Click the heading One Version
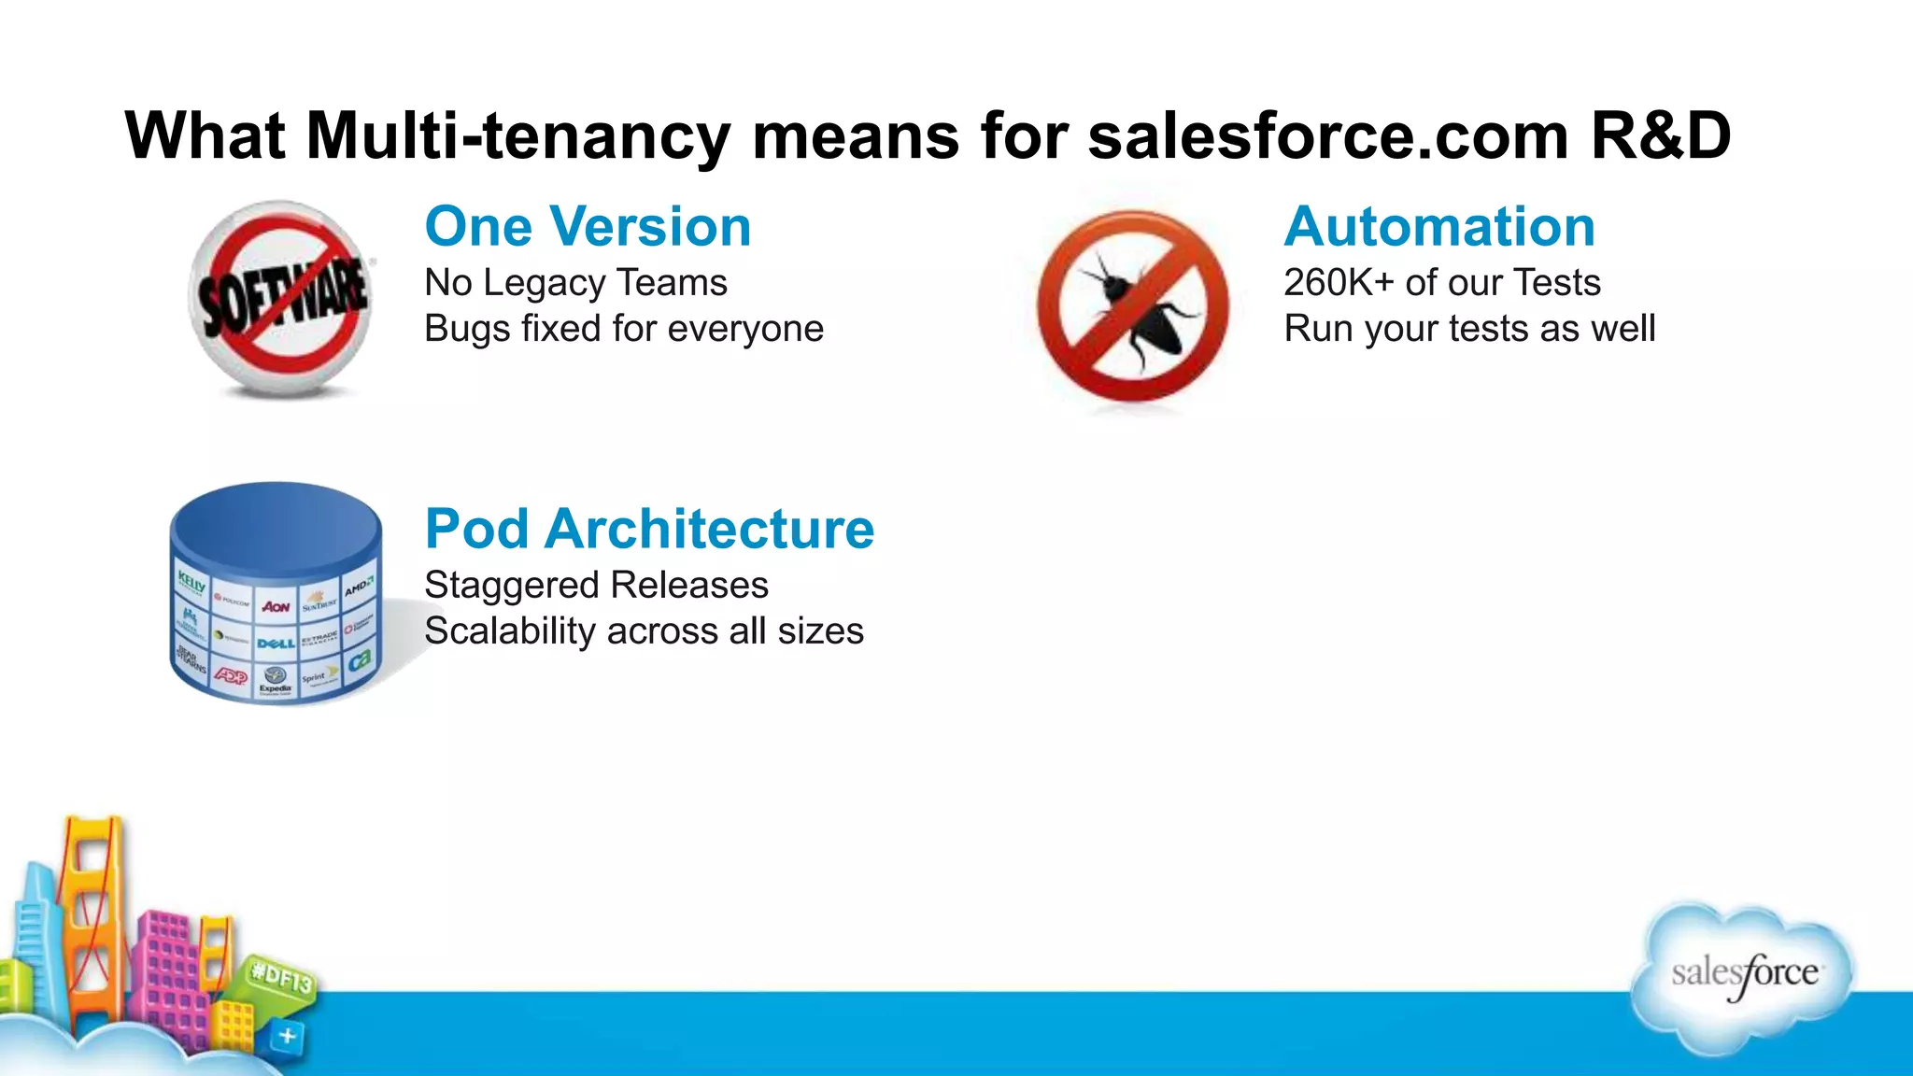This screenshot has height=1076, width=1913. tap(588, 227)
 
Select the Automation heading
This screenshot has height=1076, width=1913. tap(1439, 227)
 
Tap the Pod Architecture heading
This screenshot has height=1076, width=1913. tap(649, 530)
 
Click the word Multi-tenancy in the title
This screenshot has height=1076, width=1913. tap(517, 136)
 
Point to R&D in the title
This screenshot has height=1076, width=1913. tap(1660, 136)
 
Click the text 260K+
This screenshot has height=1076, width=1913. tap(1339, 283)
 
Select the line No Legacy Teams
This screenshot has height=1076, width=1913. tap(575, 283)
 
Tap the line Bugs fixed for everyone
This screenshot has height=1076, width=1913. tap(624, 329)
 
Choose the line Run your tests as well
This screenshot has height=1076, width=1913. tap(1469, 329)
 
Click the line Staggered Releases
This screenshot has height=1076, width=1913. tap(596, 586)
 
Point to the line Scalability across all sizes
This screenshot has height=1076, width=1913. tap(644, 631)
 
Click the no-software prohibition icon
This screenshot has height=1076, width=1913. tap(281, 299)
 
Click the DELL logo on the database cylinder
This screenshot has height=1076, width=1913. tap(276, 643)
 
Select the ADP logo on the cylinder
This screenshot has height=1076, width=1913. tap(231, 675)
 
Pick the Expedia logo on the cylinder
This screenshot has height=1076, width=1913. tap(276, 681)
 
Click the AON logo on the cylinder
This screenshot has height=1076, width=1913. tap(276, 607)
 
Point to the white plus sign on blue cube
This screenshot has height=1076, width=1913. tap(288, 1036)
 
